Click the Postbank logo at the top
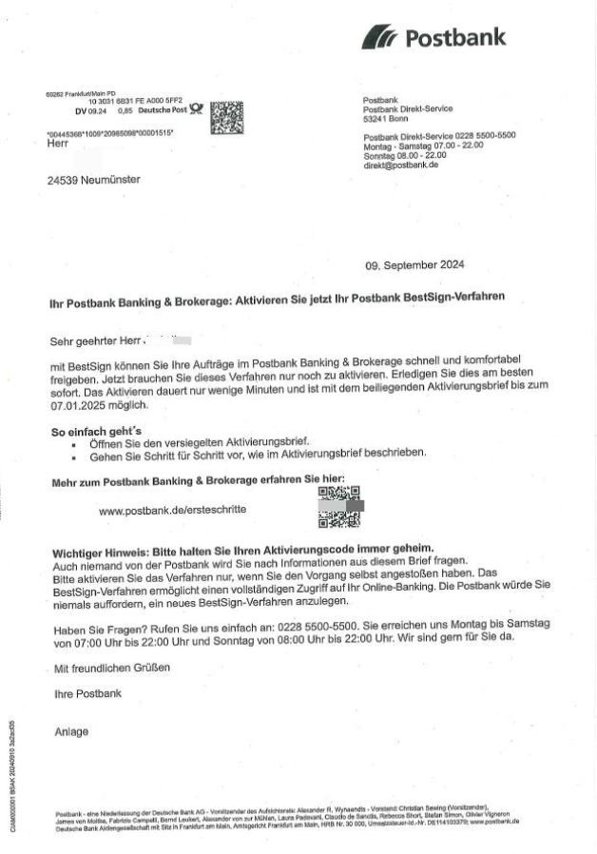pos(433,38)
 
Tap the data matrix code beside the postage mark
pos(225,119)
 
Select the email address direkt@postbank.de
pos(400,165)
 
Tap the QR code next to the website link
pos(338,506)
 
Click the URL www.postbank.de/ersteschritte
pos(172,510)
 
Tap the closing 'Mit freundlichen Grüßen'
pos(112,668)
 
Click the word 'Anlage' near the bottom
pos(71,731)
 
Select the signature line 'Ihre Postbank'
pos(87,693)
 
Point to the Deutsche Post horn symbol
pos(196,108)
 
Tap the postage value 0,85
pos(125,110)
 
